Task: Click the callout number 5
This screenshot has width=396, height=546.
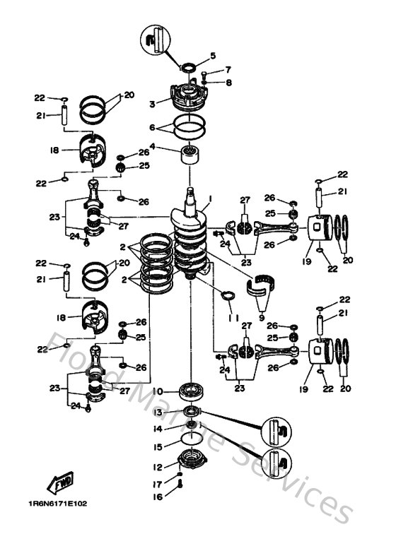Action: click(213, 55)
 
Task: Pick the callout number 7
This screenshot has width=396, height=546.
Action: click(228, 70)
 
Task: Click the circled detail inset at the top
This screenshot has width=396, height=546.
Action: click(157, 37)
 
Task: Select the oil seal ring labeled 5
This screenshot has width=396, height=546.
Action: click(189, 68)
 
